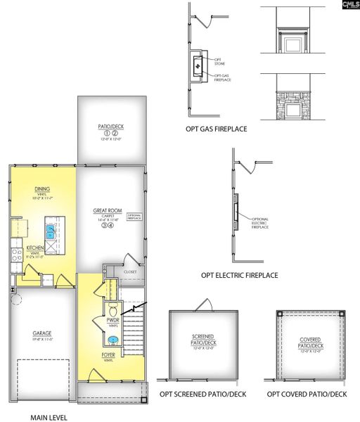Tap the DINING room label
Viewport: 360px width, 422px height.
[x=42, y=188]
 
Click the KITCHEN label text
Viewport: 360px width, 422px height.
[x=36, y=248]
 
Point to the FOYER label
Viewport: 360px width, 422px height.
[x=108, y=356]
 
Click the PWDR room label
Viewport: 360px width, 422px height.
[x=111, y=319]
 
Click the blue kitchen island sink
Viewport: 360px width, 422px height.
[x=50, y=229]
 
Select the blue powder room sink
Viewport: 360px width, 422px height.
[x=112, y=340]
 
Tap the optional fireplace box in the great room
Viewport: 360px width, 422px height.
[x=135, y=218]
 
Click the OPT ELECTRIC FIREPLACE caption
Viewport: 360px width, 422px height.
[x=239, y=276]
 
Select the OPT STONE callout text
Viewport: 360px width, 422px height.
[x=219, y=62]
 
